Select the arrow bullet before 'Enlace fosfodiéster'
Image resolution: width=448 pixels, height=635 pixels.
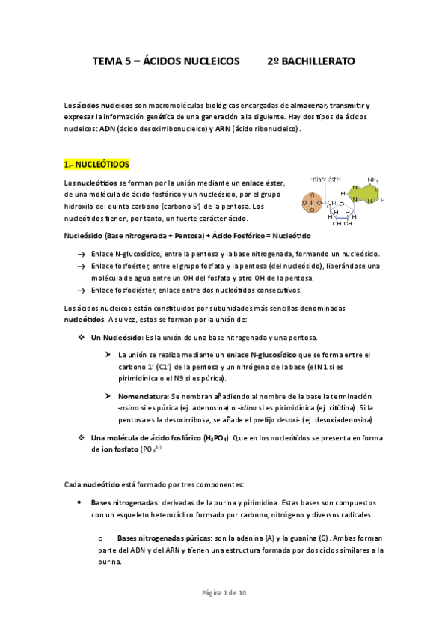click(81, 289)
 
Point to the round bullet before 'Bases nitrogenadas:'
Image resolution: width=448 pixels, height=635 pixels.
click(79, 502)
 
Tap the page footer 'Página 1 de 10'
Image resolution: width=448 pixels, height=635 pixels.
click(224, 593)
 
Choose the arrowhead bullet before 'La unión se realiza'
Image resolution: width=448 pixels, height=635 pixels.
click(108, 354)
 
